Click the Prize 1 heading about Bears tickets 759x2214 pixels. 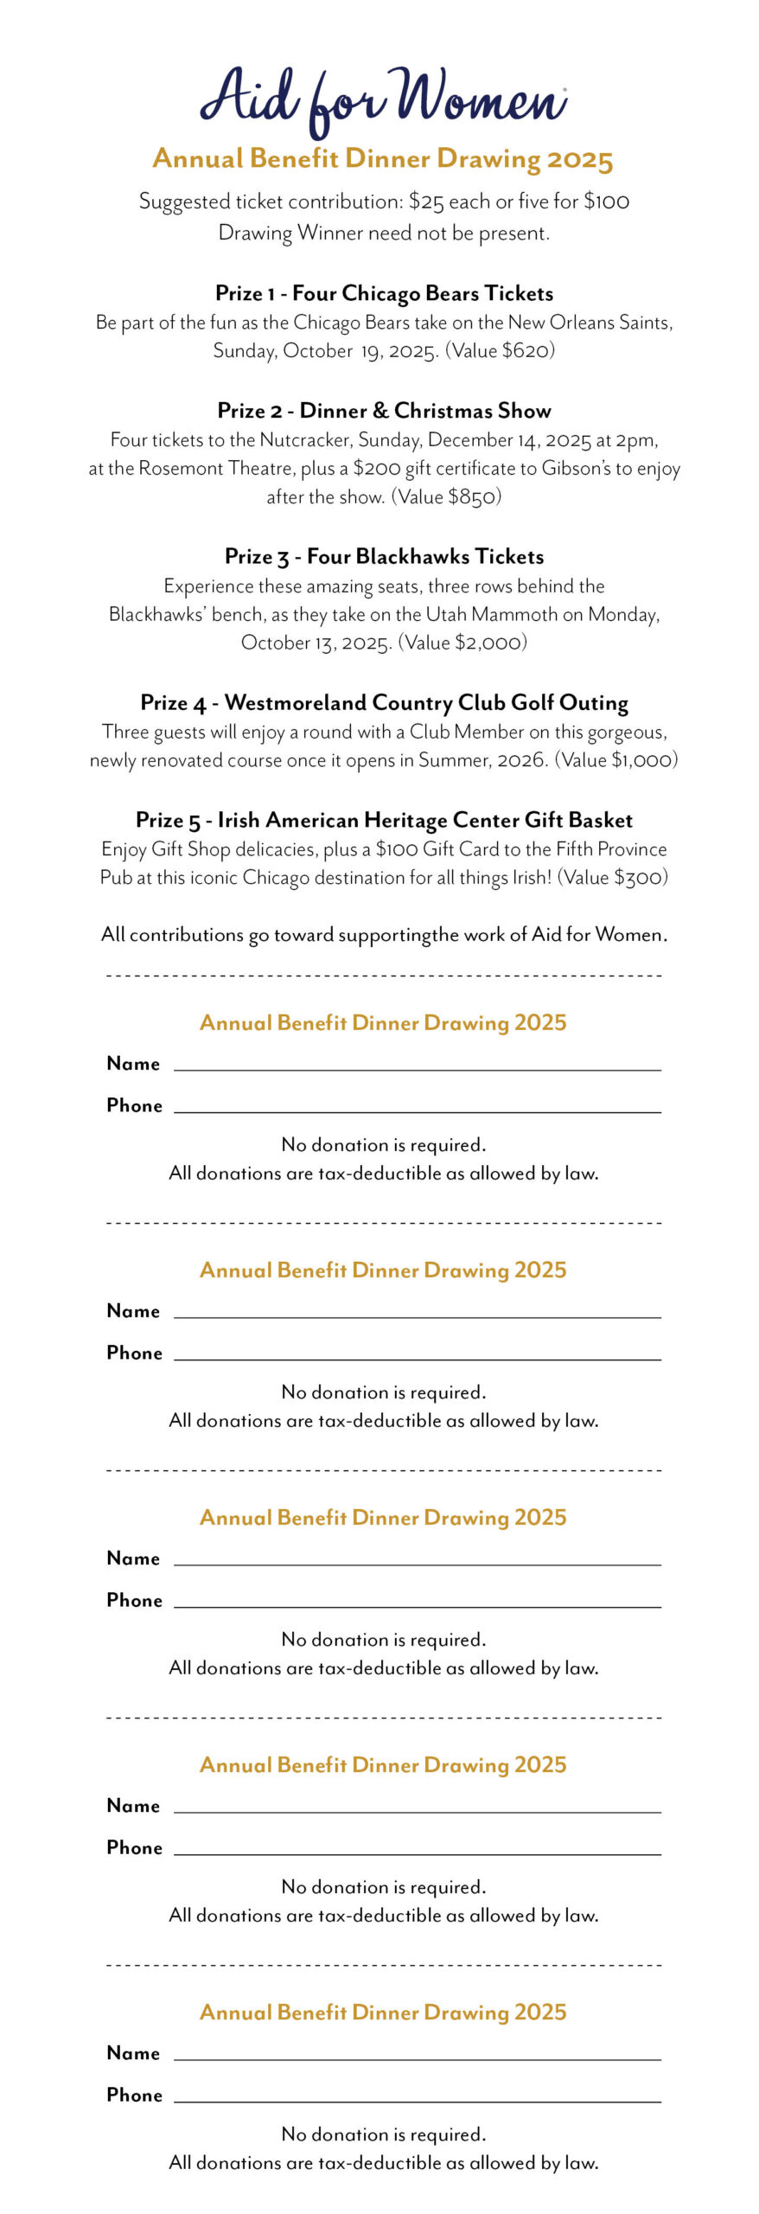pyautogui.click(x=384, y=293)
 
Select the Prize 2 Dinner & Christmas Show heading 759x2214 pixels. pyautogui.click(x=384, y=411)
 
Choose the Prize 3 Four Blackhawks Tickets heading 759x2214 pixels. pyautogui.click(x=384, y=557)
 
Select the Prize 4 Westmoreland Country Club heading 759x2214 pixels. pyautogui.click(x=384, y=703)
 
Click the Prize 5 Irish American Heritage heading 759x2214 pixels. pyautogui.click(x=384, y=820)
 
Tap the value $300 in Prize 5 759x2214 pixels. pyautogui.click(x=639, y=878)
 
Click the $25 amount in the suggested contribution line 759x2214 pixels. pyautogui.click(x=426, y=202)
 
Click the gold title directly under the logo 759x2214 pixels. pyautogui.click(x=383, y=159)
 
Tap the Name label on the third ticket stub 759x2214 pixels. pyautogui.click(x=133, y=1558)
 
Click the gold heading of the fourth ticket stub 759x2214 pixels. pyautogui.click(x=383, y=1764)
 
